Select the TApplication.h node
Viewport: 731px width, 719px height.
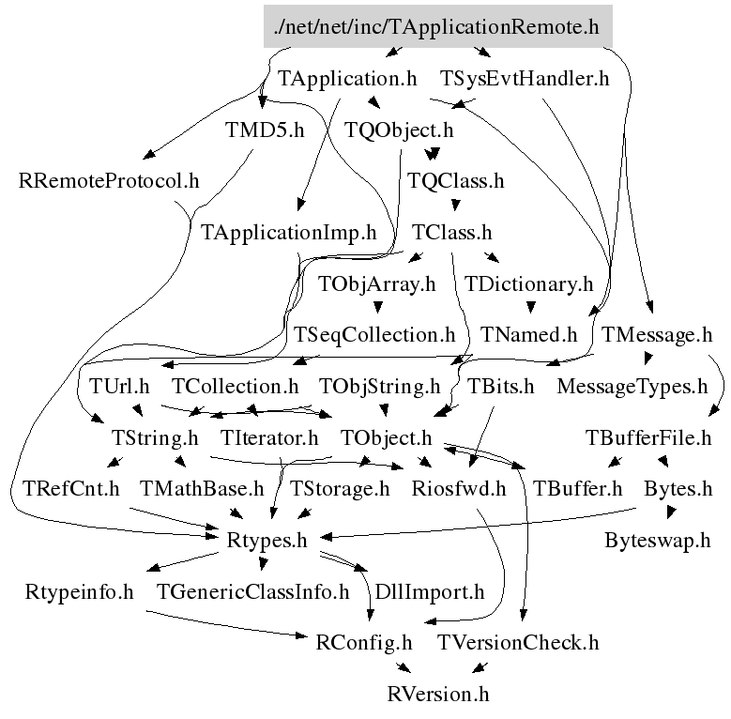coord(347,79)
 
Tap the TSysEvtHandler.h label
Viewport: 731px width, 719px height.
coord(525,79)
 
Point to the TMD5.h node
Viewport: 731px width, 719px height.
coord(265,130)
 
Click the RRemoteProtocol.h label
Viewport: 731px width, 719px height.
coord(109,180)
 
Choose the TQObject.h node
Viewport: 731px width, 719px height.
coord(399,130)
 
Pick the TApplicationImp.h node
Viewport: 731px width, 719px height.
coord(288,232)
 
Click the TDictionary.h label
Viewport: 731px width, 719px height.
coord(529,283)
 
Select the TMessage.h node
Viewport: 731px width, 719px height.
coord(657,334)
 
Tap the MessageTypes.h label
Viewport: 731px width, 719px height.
coord(632,386)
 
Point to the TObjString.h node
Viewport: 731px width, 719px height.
coord(379,386)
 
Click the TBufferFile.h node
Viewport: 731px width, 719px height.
coord(648,437)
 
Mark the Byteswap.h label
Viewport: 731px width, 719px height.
coord(658,541)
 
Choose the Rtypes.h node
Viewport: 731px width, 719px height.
coord(267,541)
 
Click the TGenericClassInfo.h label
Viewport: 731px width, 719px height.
coord(252,592)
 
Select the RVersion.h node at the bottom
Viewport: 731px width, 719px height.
coord(438,695)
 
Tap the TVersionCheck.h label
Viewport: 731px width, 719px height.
coord(518,643)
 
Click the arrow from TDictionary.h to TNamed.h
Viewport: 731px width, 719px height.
coord(529,307)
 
